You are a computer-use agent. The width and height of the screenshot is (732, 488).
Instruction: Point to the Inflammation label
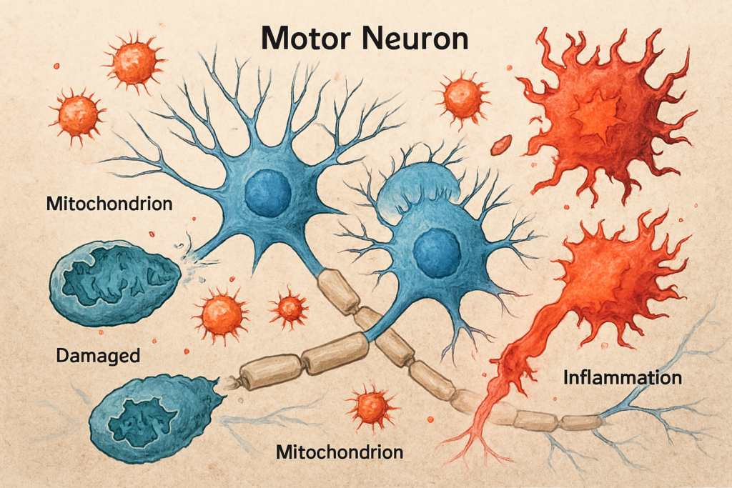point(623,377)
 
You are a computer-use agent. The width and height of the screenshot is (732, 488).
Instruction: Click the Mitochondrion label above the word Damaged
point(109,204)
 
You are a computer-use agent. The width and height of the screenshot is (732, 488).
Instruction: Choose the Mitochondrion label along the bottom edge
point(339,452)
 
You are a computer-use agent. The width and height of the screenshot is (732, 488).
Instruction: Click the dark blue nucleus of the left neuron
point(267,191)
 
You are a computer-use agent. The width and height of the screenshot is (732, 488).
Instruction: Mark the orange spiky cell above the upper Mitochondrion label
point(77,114)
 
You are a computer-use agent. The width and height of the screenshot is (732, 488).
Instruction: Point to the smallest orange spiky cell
point(290,308)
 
